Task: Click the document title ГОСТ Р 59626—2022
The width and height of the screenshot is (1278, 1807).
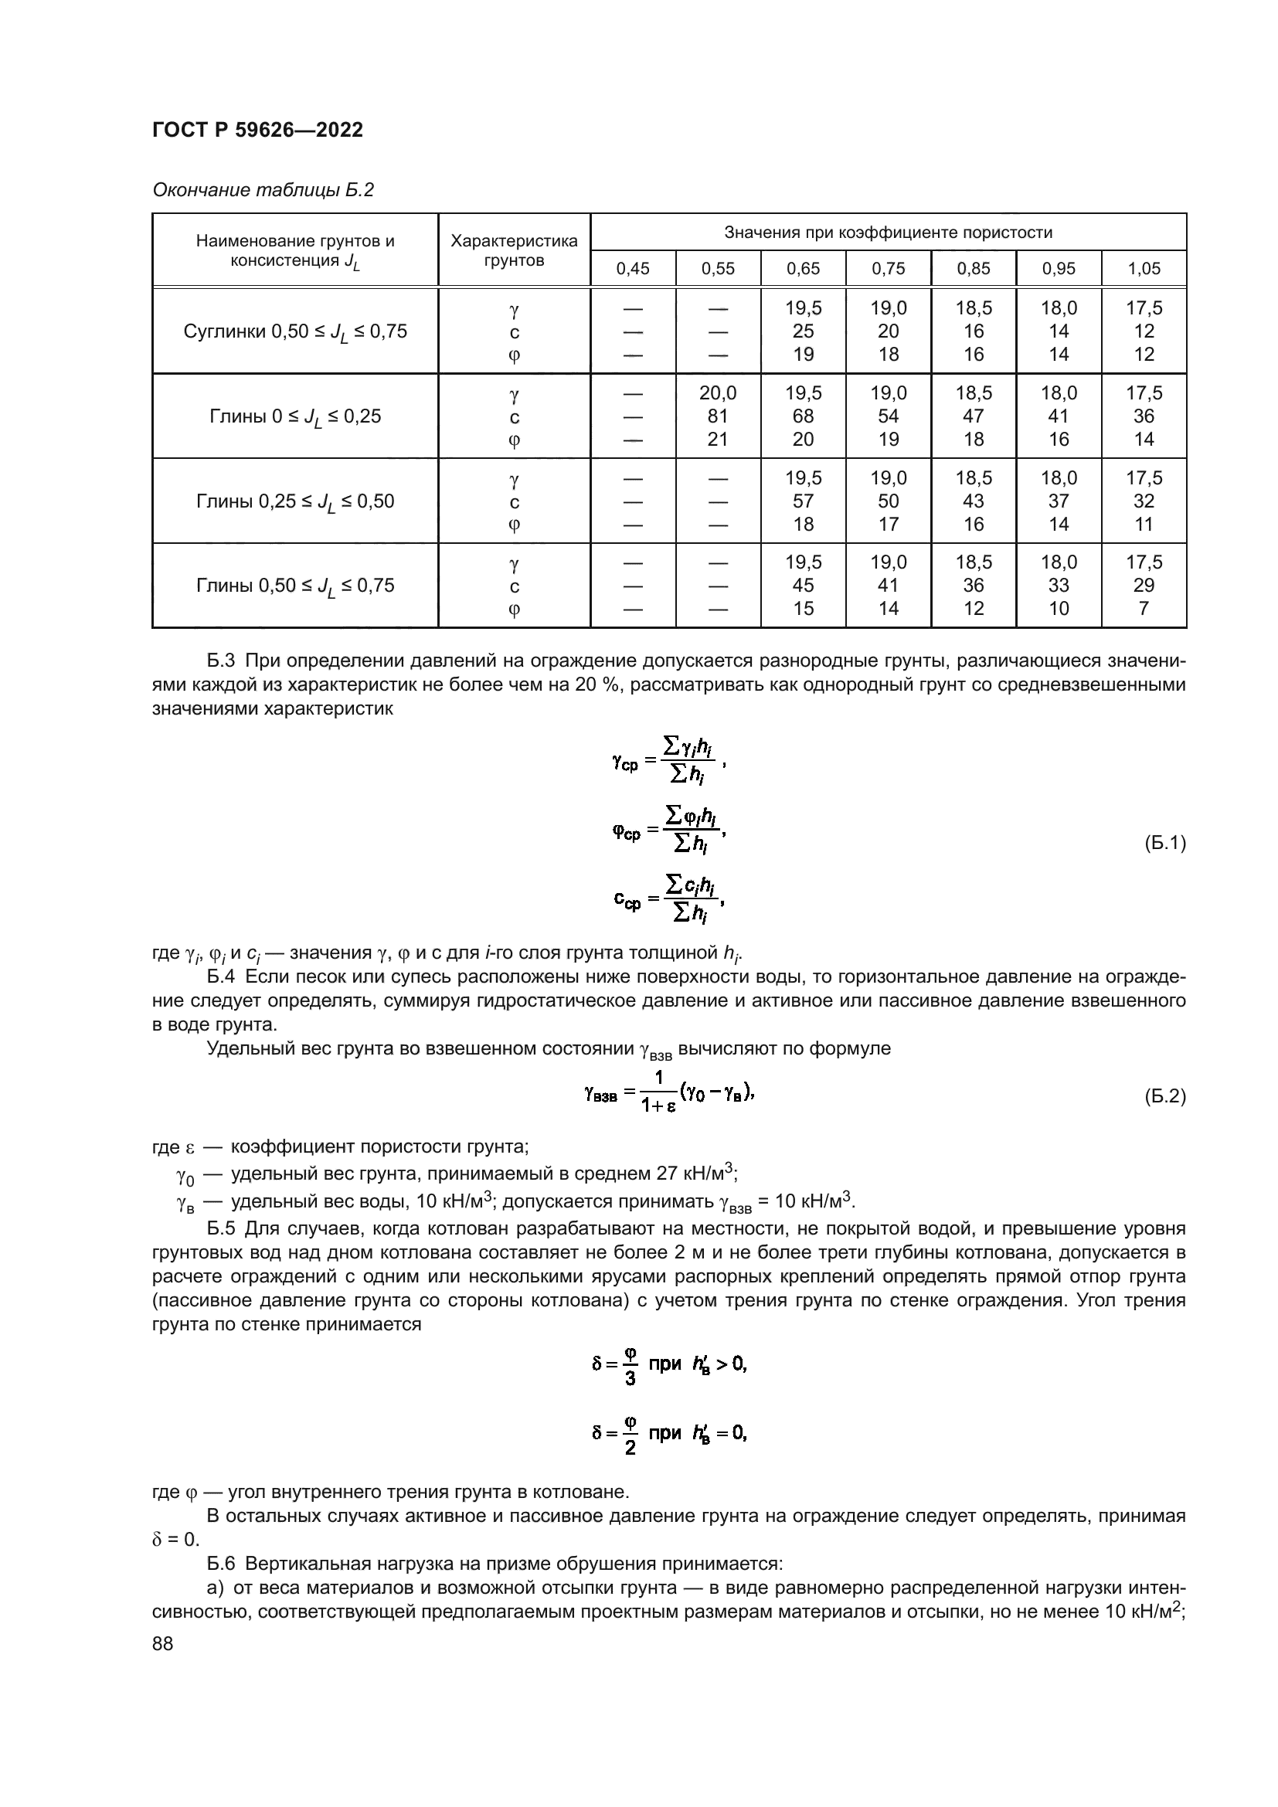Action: coord(257,131)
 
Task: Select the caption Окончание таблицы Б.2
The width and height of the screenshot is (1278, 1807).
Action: coord(263,190)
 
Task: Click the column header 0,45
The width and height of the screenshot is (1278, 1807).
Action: coord(633,269)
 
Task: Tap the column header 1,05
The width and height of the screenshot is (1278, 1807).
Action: coord(1144,269)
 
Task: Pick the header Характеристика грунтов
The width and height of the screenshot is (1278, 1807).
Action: coord(514,250)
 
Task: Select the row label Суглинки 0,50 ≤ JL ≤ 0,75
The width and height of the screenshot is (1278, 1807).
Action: coord(295,332)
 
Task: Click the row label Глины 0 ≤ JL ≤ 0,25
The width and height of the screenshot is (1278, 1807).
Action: coord(295,417)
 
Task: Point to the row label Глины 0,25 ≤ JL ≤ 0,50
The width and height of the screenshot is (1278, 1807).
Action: coord(295,502)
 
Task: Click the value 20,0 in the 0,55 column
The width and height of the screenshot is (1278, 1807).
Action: coord(718,393)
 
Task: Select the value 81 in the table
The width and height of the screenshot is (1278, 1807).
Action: coord(718,416)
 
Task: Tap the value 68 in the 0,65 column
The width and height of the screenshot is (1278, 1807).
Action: coord(803,416)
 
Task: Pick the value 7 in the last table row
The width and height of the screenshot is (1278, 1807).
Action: coord(1144,608)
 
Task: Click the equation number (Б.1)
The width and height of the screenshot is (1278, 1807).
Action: coord(1164,844)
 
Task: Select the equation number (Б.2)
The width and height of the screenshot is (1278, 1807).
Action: coord(1164,1095)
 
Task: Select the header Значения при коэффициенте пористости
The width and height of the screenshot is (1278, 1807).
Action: coord(888,233)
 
